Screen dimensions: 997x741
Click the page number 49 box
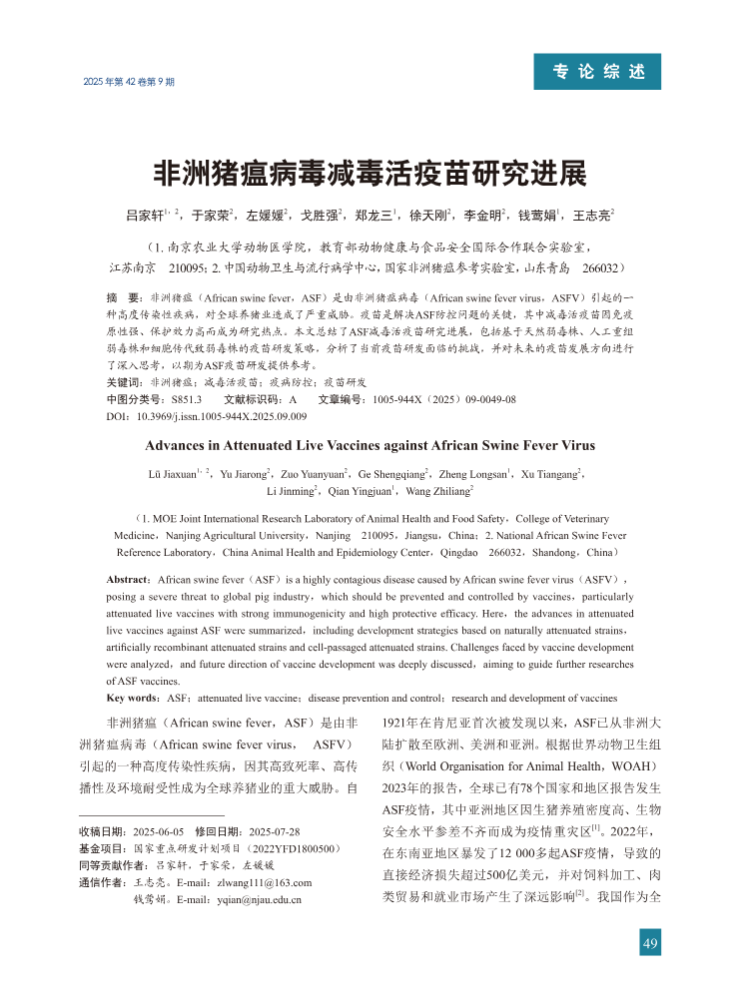click(x=650, y=944)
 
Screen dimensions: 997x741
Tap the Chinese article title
click(x=370, y=173)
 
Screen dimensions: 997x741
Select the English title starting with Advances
click(x=370, y=445)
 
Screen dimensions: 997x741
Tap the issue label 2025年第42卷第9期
click(x=127, y=80)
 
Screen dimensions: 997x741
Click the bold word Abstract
click(x=129, y=579)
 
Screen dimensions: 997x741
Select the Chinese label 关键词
click(x=124, y=383)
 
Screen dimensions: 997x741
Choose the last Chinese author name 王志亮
click(x=590, y=215)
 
